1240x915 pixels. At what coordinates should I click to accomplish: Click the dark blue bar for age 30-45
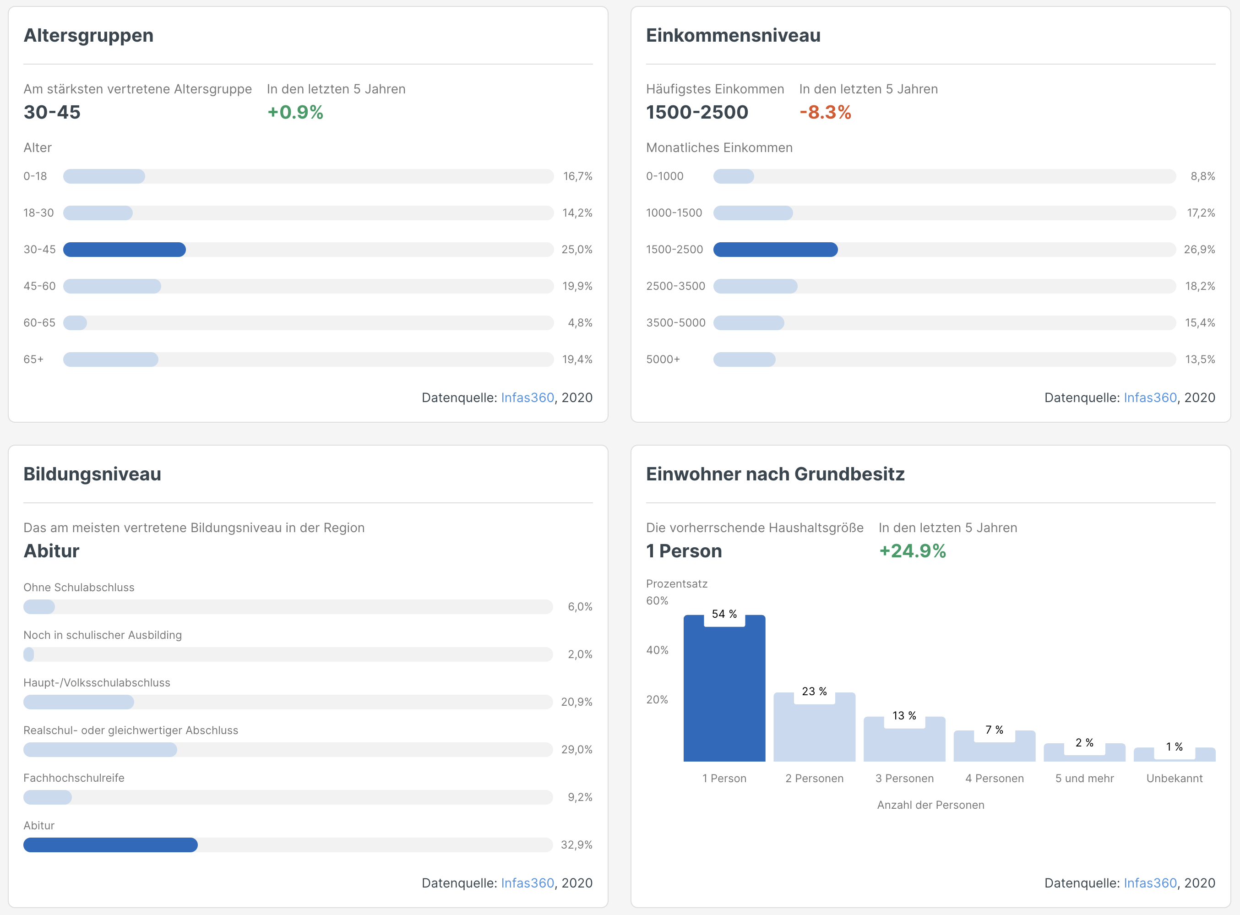[124, 250]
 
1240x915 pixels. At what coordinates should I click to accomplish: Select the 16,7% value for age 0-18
[577, 177]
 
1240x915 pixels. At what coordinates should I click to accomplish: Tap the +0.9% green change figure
[295, 113]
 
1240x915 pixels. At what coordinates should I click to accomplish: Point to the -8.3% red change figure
[825, 113]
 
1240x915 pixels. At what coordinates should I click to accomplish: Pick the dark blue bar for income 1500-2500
[775, 250]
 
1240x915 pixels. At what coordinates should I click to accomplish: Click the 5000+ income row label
[663, 359]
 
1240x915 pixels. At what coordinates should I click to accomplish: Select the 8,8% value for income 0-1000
[1202, 177]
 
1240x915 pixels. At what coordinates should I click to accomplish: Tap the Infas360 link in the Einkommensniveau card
[1150, 398]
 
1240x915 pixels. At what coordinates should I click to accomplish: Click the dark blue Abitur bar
[110, 844]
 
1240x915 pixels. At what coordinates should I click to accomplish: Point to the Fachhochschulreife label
[74, 778]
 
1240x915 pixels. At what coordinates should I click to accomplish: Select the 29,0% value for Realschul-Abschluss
[576, 749]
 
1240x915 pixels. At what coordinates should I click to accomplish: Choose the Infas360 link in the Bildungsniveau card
[527, 883]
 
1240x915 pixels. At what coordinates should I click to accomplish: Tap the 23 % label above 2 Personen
[814, 691]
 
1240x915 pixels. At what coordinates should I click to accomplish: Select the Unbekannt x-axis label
[1174, 778]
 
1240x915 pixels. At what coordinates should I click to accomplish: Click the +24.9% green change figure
[912, 551]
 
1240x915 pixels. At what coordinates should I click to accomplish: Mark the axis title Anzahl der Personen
[930, 805]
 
